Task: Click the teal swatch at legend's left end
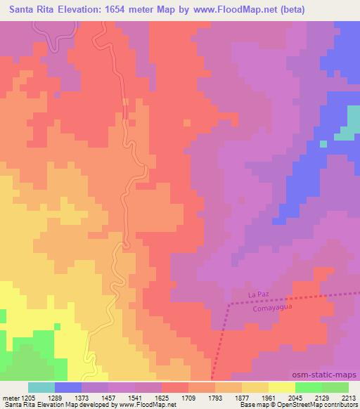tap(41, 387)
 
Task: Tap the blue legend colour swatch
tap(68, 387)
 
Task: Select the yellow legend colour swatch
tap(282, 387)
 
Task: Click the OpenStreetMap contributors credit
tap(322, 405)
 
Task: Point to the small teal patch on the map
tap(345, 129)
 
